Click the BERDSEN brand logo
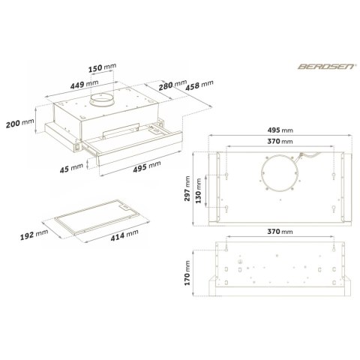(x=326, y=66)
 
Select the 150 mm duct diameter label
(x=102, y=67)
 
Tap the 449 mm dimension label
(x=84, y=84)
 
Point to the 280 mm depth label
(x=172, y=85)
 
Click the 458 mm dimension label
(x=199, y=85)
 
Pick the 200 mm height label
(x=19, y=123)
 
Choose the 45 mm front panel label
(x=71, y=168)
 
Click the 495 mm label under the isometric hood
(x=147, y=166)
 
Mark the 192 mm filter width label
(x=34, y=235)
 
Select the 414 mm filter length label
(x=124, y=235)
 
